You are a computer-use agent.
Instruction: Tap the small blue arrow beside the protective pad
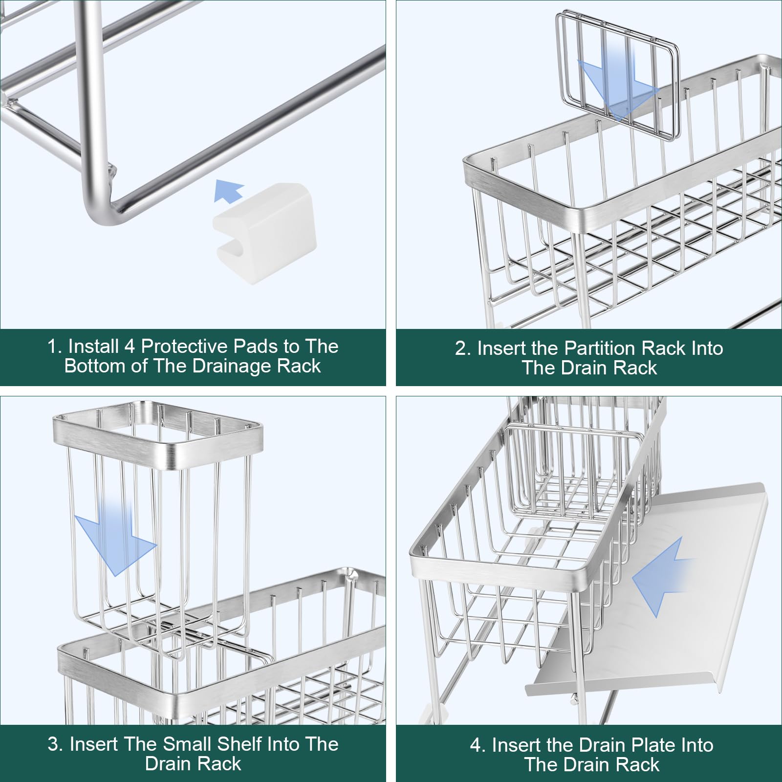click(x=229, y=191)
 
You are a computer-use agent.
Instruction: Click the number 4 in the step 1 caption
click(x=130, y=347)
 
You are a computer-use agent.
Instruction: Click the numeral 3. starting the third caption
click(x=56, y=744)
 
